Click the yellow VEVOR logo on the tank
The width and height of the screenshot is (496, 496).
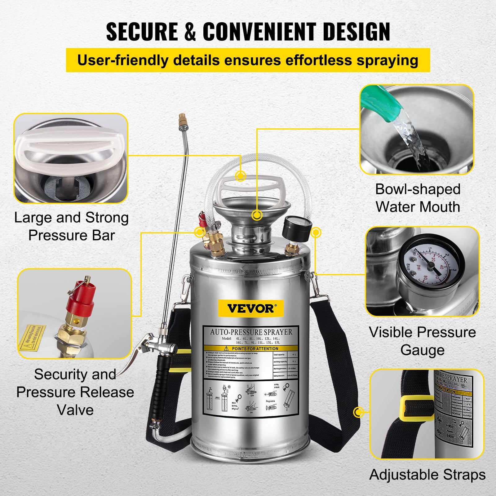tap(250, 308)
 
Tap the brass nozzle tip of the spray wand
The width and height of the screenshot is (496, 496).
tap(181, 119)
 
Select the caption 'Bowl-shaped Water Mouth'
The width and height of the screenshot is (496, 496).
tap(417, 198)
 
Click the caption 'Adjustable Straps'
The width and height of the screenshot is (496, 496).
tap(427, 475)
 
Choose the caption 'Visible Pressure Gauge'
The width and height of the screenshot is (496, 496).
tap(422, 341)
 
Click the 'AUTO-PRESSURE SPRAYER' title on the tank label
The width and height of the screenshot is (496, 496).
tap(251, 332)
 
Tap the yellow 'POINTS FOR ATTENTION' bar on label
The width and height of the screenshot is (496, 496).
tap(251, 348)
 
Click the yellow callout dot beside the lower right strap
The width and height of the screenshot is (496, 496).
tap(359, 412)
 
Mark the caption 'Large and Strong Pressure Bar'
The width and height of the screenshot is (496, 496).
tap(71, 226)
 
